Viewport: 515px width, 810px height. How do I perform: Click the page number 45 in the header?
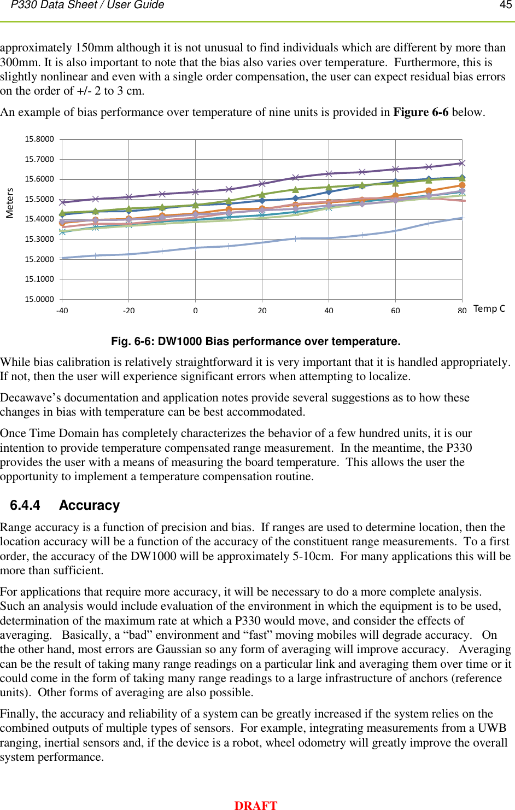tap(505, 5)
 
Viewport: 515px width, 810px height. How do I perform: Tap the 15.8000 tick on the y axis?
tap(39, 139)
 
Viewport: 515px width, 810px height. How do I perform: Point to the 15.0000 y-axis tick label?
tap(39, 299)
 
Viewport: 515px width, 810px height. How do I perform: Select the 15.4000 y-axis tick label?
tap(39, 219)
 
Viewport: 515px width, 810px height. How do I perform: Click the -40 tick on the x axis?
tap(62, 310)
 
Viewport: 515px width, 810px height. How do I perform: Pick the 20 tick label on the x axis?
tap(262, 310)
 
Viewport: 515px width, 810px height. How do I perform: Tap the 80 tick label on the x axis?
tap(462, 310)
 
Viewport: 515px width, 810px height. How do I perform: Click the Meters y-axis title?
tap(10, 203)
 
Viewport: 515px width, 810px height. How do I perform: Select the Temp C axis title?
tap(489, 308)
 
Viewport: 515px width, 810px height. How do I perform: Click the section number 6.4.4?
tap(25, 505)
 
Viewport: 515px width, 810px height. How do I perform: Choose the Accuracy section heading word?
tap(89, 505)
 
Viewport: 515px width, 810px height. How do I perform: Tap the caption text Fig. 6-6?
tap(133, 341)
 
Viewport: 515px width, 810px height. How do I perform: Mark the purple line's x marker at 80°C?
tap(462, 163)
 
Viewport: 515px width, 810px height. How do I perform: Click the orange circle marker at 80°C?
tap(462, 185)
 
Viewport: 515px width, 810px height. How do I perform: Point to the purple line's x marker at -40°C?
tap(62, 202)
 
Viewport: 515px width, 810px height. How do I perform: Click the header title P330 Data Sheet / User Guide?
tap(87, 5)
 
